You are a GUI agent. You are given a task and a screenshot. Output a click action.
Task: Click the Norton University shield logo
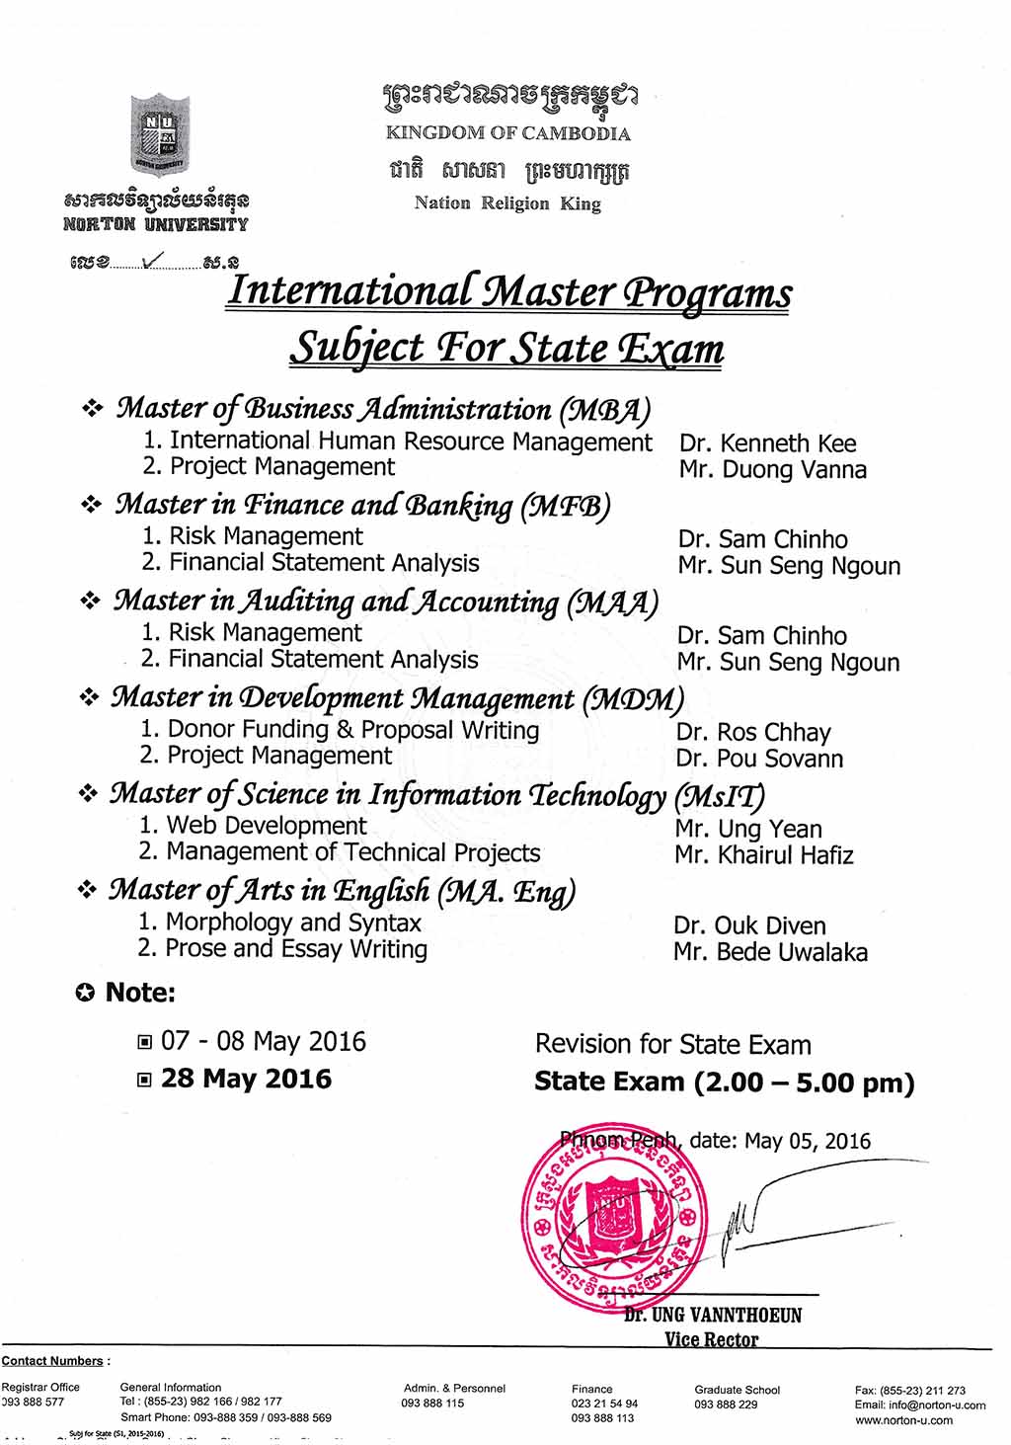coord(159,133)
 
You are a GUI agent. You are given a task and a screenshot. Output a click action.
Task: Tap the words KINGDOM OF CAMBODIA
coord(507,133)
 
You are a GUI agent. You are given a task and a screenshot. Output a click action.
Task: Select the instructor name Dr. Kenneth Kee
coord(767,443)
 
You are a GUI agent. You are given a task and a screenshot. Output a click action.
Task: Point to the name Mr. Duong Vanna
coord(772,470)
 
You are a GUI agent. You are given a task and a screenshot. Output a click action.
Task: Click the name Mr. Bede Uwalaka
coord(770,952)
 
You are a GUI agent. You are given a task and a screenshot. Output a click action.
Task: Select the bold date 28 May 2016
coord(246,1079)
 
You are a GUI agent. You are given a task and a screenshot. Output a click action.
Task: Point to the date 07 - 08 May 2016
coord(263,1041)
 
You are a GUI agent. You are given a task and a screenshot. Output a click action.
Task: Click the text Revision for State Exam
coord(672,1044)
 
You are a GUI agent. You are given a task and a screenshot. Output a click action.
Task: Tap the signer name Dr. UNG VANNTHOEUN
coord(713,1316)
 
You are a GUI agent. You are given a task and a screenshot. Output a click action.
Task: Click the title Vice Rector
coord(711,1339)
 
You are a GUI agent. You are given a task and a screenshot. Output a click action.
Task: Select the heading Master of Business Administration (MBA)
coord(383,409)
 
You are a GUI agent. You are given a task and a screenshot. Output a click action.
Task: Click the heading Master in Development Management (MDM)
coord(397,698)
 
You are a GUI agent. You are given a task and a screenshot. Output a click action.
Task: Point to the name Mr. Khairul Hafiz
coord(764,855)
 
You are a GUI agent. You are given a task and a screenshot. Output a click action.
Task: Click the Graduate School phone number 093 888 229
coord(726,1405)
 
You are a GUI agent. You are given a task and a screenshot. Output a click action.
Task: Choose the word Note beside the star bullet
coord(139,993)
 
